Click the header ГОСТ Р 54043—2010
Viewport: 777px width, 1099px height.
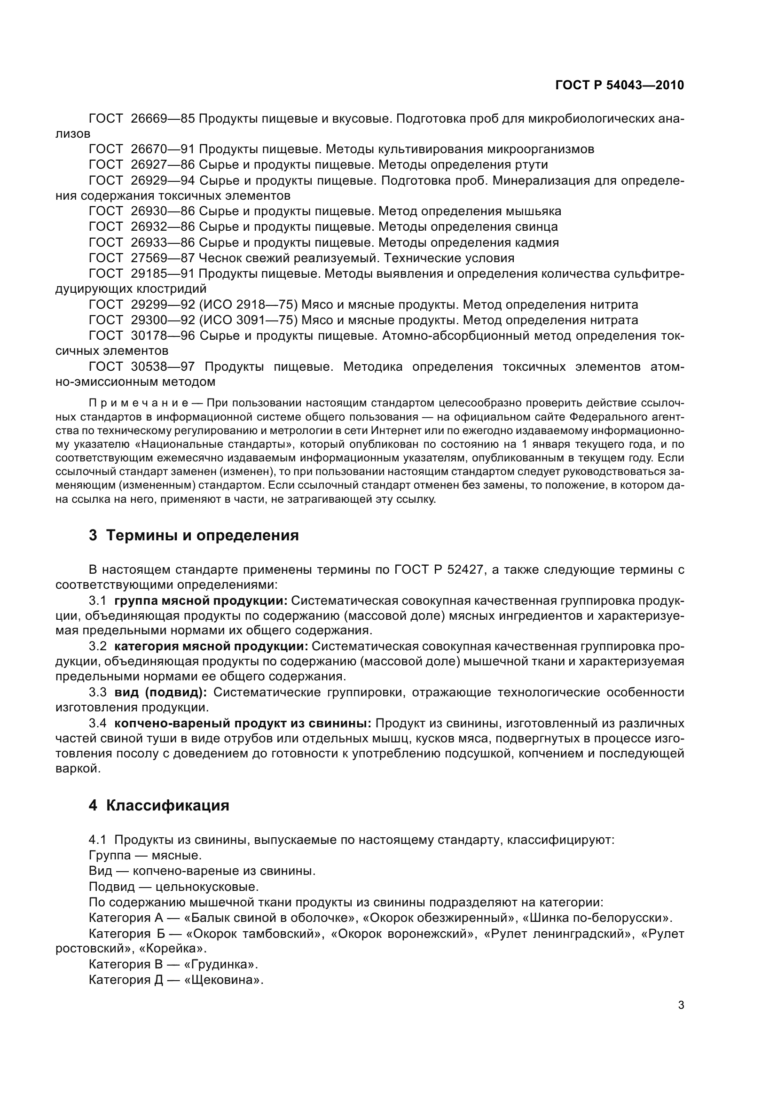619,85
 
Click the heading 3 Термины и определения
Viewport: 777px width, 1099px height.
193,535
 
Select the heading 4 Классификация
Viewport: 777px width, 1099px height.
159,806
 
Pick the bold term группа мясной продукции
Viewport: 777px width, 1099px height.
201,601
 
